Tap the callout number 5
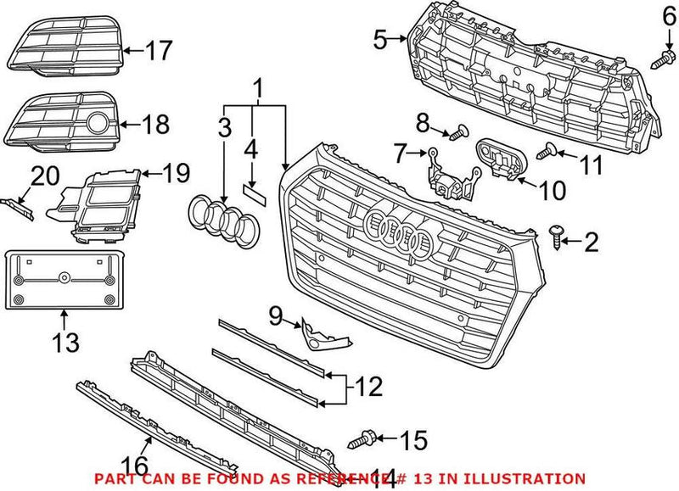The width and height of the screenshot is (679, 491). pyautogui.click(x=381, y=37)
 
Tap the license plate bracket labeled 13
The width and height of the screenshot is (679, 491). pyautogui.click(x=65, y=281)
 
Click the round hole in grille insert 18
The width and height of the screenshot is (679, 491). pyautogui.click(x=100, y=125)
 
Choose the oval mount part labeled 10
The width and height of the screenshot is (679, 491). pyautogui.click(x=500, y=158)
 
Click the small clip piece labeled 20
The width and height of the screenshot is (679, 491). pyautogui.click(x=18, y=207)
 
